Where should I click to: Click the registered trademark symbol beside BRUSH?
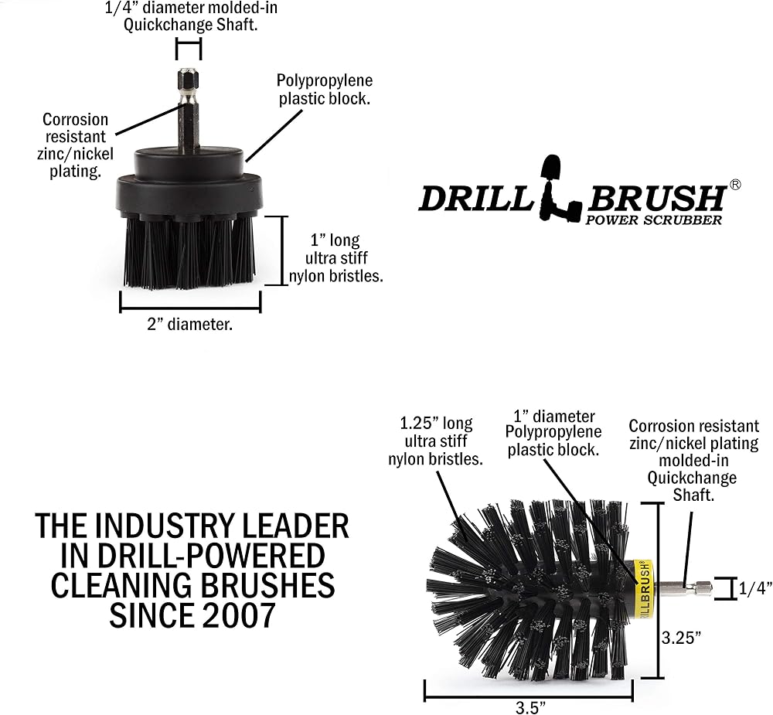click(734, 185)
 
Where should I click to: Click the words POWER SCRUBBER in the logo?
click(653, 220)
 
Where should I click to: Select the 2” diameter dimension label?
click(190, 324)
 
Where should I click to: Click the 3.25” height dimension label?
click(681, 638)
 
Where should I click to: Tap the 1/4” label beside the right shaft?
click(754, 588)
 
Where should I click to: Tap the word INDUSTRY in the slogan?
click(172, 526)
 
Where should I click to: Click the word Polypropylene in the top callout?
click(325, 80)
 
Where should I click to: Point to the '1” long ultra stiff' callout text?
click(335, 249)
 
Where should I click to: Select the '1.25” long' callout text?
click(436, 423)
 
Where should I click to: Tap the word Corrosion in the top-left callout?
click(75, 119)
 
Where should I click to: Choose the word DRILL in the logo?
click(475, 198)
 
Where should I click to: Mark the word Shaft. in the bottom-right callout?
click(693, 495)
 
